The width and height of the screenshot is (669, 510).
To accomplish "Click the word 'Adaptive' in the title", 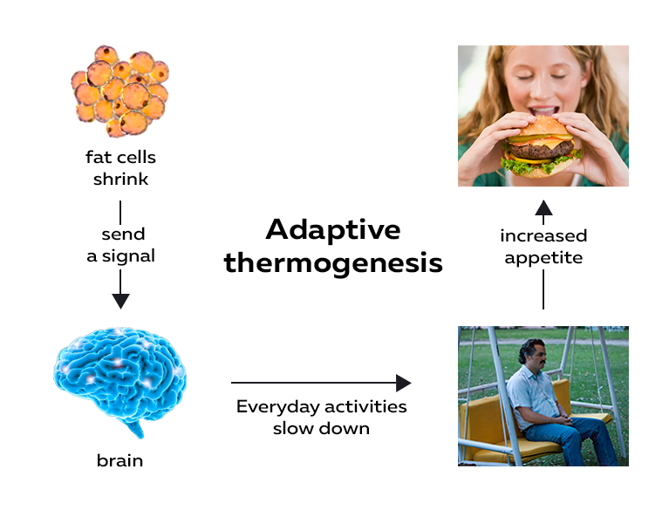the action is point(333,231).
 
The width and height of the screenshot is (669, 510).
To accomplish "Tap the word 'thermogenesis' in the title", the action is point(333,263).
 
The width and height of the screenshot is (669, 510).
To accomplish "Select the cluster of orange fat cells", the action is point(119,91).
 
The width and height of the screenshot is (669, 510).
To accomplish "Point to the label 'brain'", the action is point(119,460).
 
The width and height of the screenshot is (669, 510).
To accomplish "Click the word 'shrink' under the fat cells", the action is point(120,179).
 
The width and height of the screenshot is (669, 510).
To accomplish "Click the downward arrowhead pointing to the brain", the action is point(120,301).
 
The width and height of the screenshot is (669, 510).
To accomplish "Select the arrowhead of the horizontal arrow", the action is point(403,383).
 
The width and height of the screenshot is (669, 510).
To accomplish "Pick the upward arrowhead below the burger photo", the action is point(543,207).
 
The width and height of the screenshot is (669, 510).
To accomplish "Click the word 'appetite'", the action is point(543,258).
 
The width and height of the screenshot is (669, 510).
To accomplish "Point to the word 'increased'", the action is point(543,235).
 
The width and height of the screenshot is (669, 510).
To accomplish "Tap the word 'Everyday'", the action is point(277,407).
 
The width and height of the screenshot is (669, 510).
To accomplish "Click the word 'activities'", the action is point(365,406).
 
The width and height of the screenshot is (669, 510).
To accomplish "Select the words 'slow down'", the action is point(321,428).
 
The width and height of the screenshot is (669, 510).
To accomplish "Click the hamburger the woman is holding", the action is point(540,146).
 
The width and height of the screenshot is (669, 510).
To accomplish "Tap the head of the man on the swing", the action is point(533,353).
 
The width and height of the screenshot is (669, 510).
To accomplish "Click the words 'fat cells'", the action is point(120,157).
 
